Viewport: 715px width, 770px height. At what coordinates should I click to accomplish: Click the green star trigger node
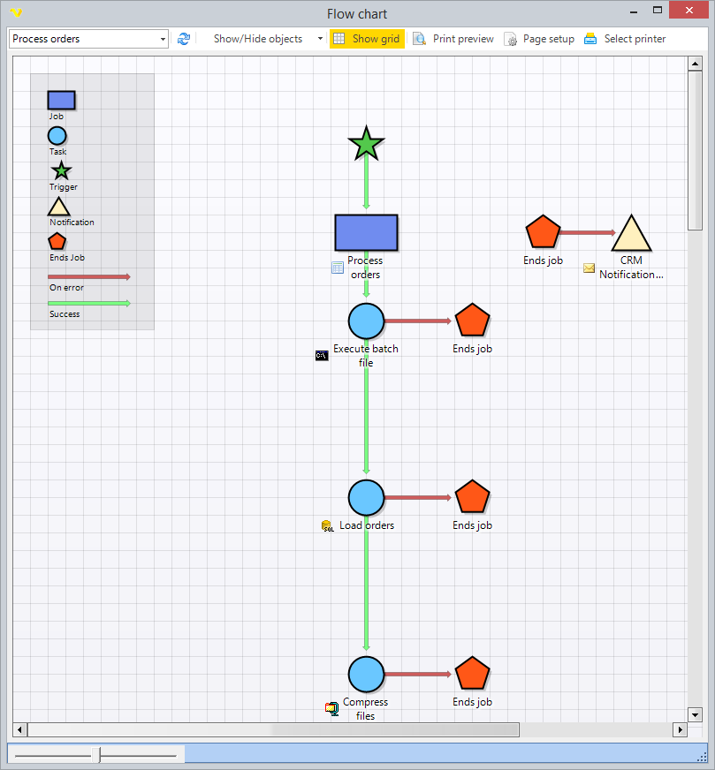366,144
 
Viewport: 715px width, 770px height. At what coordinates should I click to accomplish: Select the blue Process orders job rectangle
366,233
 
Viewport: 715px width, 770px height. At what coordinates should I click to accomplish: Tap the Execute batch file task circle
366,321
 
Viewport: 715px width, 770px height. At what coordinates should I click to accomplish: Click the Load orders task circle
366,498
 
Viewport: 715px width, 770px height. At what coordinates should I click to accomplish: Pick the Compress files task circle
366,675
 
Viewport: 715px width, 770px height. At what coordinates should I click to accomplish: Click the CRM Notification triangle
631,236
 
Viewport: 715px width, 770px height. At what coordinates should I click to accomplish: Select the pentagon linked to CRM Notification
543,232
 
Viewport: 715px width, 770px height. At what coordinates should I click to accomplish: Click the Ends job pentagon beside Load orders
472,497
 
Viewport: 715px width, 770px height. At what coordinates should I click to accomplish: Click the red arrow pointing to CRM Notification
587,233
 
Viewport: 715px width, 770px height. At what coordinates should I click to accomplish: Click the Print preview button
453,39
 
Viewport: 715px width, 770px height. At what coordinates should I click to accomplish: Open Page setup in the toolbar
539,39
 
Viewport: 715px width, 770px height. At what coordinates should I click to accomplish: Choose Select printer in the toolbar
625,39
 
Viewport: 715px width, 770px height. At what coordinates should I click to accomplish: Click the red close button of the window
694,11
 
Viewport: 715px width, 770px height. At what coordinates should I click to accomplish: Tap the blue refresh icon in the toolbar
184,39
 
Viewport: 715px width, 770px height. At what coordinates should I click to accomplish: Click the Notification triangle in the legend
58,208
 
